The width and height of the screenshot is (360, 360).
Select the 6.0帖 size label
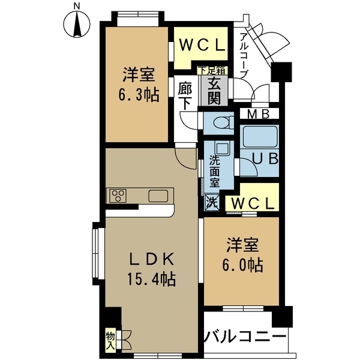coord(242,263)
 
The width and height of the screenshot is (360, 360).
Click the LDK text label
coord(151,260)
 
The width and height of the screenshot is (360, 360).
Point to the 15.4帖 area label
coord(151,279)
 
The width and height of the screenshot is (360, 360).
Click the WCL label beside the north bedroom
coord(200,46)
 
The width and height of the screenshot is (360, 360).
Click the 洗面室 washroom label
coord(214,171)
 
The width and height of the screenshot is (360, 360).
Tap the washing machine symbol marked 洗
coord(211,202)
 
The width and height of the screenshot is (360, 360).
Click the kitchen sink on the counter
coord(159,196)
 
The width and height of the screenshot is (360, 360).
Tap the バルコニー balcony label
coord(244,336)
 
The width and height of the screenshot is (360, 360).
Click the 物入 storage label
coord(110,341)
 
